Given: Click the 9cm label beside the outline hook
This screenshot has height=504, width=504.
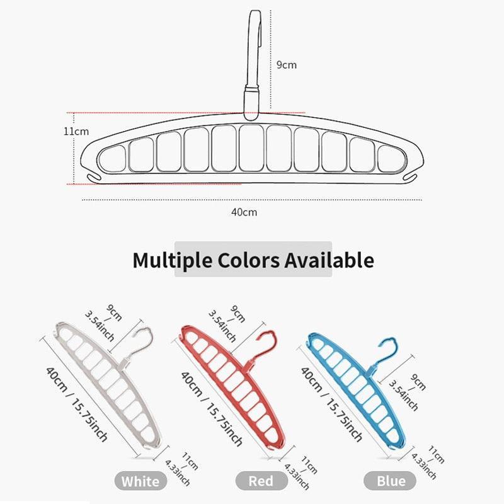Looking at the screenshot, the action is tap(287, 65).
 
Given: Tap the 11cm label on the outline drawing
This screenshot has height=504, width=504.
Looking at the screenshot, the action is tap(76, 132).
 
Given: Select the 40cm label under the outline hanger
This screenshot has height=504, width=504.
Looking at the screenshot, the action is tap(244, 212).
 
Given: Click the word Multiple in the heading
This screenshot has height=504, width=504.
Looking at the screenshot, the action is tap(172, 260).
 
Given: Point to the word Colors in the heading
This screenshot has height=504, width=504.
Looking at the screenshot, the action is tap(248, 260).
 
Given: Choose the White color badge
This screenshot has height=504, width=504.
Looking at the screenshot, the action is tap(140, 481).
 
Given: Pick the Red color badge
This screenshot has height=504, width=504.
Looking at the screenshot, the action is tap(261, 481).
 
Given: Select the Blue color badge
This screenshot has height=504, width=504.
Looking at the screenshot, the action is tap(390, 481).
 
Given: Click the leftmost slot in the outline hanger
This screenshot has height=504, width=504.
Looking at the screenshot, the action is tap(112, 159).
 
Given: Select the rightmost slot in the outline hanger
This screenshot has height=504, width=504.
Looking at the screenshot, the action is tap(391, 159).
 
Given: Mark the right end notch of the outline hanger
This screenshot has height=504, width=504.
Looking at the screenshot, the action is tap(410, 177).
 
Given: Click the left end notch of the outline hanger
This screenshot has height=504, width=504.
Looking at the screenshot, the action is tap(94, 177).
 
